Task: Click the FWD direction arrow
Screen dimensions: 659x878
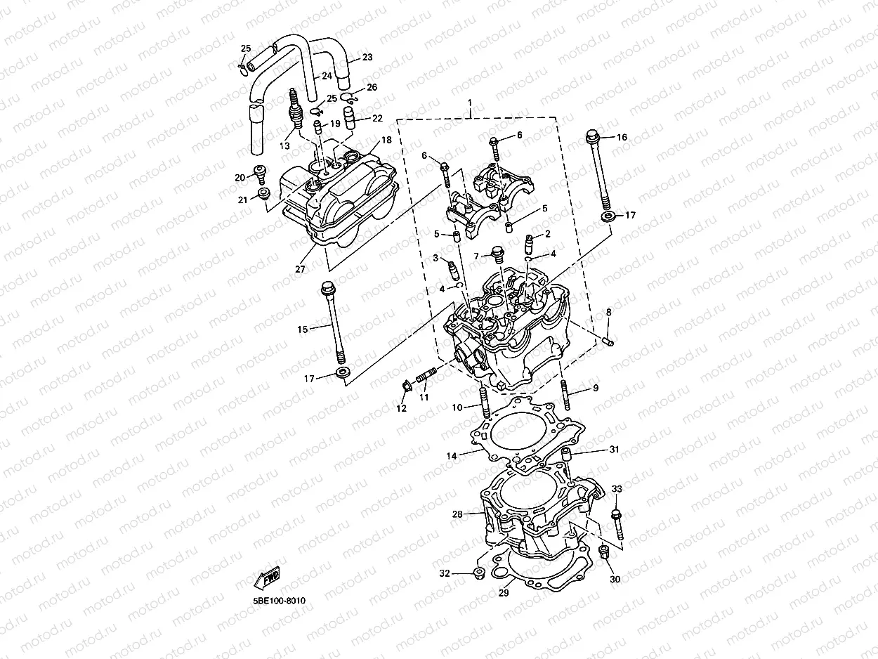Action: click(x=268, y=578)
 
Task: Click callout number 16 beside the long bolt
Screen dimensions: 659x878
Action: click(x=622, y=138)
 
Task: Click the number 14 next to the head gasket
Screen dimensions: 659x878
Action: click(x=451, y=456)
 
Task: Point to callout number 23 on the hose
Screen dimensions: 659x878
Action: click(x=367, y=57)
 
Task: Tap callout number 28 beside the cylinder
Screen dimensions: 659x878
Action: click(x=457, y=515)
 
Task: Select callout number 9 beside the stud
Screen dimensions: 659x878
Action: click(x=595, y=388)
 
